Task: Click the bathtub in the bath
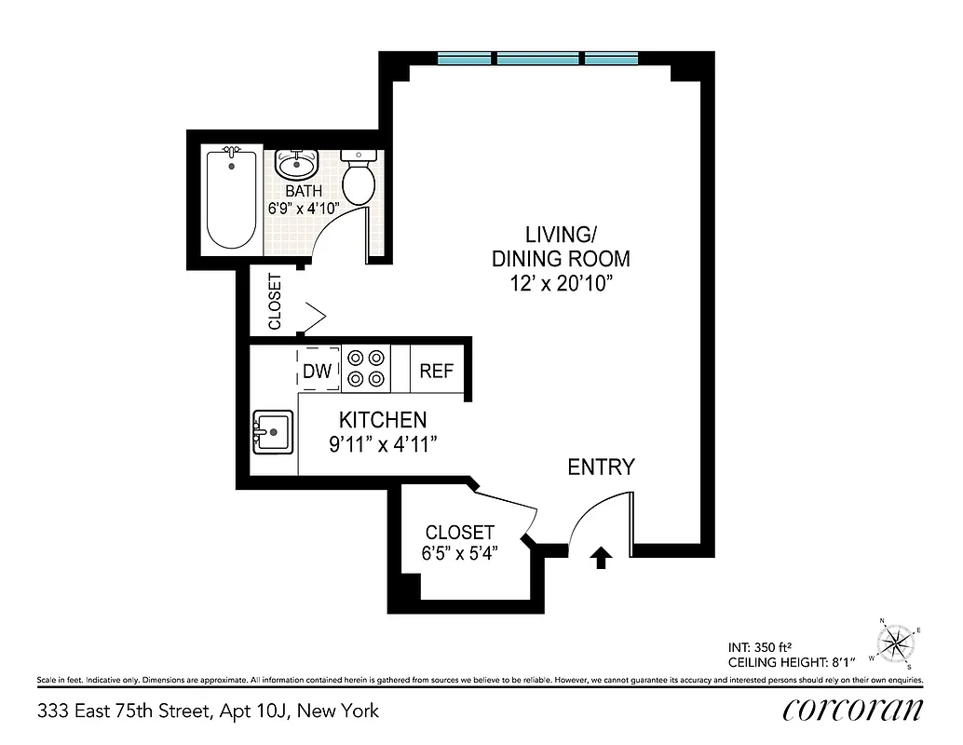[231, 197]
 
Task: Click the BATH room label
[304, 192]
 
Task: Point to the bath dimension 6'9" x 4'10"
[304, 209]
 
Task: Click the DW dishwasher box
[318, 371]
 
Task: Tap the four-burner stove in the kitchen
[365, 368]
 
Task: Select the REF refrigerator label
[436, 371]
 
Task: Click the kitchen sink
[272, 432]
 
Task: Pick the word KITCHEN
[383, 420]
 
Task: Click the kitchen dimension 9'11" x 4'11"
[383, 444]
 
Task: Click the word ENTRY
[601, 467]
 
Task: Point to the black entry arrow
[601, 557]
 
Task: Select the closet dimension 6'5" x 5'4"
[459, 553]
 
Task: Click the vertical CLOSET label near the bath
[275, 301]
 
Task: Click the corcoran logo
[853, 710]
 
